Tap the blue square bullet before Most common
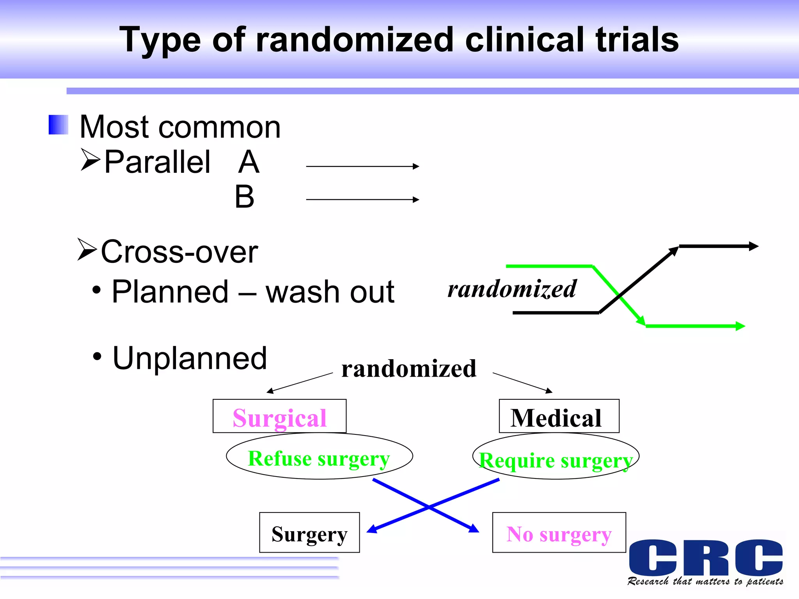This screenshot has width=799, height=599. click(x=59, y=125)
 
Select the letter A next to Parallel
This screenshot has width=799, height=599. click(x=249, y=162)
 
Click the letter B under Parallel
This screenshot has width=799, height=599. click(x=245, y=197)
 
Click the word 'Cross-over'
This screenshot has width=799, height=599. click(x=179, y=252)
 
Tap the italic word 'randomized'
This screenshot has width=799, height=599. click(x=512, y=289)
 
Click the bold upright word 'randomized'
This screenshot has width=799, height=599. click(x=409, y=369)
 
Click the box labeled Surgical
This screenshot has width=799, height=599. click(x=279, y=416)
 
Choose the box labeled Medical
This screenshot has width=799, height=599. click(x=559, y=416)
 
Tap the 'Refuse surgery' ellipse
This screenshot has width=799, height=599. click(x=319, y=456)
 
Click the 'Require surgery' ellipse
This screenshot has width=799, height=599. click(x=556, y=456)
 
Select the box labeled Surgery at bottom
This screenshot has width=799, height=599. click(x=309, y=533)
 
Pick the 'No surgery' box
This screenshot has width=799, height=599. click(x=559, y=533)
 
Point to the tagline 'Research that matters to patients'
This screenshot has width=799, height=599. click(x=705, y=581)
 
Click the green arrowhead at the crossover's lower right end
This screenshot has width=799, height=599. click(x=740, y=326)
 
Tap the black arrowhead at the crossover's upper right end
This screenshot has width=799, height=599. click(x=754, y=246)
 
